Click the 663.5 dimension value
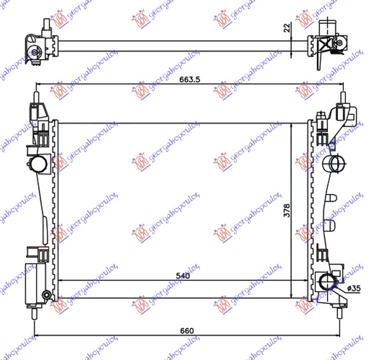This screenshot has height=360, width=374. tap(189, 79)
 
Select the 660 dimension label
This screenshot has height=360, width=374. tap(187, 331)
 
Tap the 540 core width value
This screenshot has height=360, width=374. tap(183, 275)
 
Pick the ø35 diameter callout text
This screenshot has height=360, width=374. tap(354, 288)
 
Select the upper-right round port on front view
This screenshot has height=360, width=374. tap(333, 163)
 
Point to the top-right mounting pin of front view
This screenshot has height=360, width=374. tap(341, 96)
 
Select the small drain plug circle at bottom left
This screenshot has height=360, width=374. tap(46, 295)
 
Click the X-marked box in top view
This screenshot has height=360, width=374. tap(327, 45)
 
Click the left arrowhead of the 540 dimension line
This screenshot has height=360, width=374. tap(59, 281)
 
